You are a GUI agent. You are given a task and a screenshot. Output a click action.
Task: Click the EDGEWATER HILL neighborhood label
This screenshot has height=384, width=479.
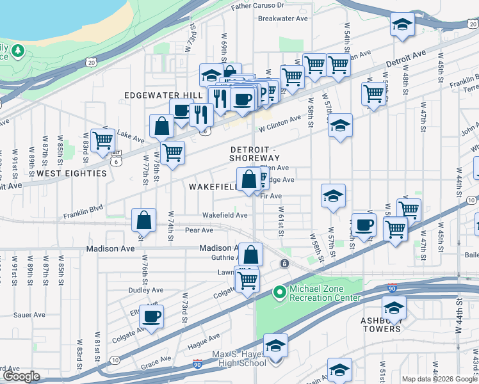tap(158, 95)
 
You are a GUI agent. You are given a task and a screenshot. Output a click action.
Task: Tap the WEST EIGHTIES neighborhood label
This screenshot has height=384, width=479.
tap(71, 173)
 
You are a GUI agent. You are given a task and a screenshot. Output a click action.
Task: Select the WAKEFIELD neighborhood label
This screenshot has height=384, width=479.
tap(213, 186)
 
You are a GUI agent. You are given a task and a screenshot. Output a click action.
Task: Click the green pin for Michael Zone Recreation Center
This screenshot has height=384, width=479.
tap(279, 292)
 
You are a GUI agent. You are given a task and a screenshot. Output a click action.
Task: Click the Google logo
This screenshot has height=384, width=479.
tap(21, 376)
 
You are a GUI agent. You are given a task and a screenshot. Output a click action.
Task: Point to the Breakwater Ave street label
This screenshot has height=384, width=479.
tap(283, 19)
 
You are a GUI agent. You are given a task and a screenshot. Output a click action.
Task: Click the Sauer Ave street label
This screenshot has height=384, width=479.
tap(29, 315)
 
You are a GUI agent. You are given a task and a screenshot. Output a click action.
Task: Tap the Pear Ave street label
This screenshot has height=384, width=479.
tap(199, 230)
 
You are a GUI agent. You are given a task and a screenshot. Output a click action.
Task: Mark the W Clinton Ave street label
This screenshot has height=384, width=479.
tap(280, 123)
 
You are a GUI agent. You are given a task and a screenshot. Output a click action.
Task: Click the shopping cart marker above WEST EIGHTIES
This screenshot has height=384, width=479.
tap(102, 140)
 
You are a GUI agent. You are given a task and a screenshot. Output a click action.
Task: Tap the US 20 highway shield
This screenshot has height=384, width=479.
tap(92, 62)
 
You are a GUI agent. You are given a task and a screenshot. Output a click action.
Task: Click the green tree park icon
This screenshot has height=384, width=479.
tap(18, 50)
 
